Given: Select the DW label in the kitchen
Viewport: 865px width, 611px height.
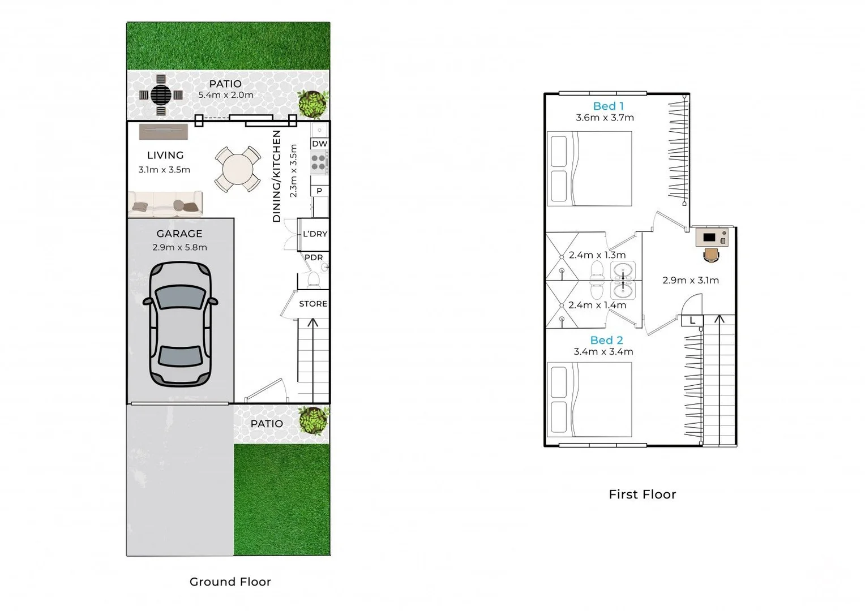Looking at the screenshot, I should point(319,144).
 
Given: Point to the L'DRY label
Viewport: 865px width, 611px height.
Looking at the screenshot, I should point(315,234).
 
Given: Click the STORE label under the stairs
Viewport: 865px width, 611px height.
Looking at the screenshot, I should point(313,304).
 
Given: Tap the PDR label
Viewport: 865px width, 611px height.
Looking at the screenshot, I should point(314,257).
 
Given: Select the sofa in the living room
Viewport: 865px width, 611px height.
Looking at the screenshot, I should point(165,204).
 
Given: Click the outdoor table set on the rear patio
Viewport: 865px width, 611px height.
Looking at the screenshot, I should point(161,95).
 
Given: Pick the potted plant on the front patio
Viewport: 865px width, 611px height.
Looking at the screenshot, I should point(314,421).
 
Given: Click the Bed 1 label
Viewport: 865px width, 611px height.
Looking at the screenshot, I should point(608,106).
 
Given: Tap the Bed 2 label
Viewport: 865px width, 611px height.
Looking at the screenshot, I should point(606,340).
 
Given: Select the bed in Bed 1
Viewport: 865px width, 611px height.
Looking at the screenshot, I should point(590,169).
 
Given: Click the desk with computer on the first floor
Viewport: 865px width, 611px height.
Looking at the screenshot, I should point(712,238).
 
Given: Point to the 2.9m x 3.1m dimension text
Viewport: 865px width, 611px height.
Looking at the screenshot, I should point(691,280).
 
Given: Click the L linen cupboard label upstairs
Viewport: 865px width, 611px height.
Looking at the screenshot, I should point(692,321).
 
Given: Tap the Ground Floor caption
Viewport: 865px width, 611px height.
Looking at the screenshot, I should point(230,582).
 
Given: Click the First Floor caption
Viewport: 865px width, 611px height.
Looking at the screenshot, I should point(642,494).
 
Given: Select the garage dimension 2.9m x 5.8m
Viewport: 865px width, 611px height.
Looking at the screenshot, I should point(179,247).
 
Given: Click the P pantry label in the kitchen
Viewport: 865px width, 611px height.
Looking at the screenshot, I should point(319,191).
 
